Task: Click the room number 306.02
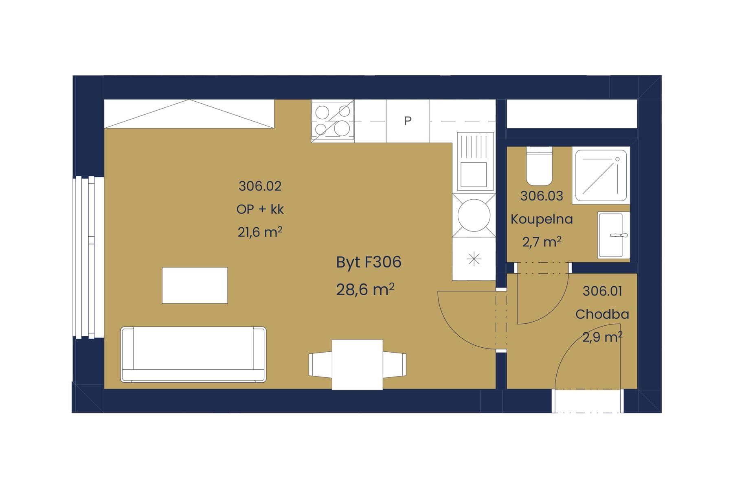pyautogui.click(x=260, y=186)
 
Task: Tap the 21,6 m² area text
pyautogui.click(x=260, y=233)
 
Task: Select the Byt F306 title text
pyautogui.click(x=369, y=262)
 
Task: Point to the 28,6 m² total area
pyautogui.click(x=365, y=290)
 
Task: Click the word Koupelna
pyautogui.click(x=542, y=219)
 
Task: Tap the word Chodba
pyautogui.click(x=602, y=314)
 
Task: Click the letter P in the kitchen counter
pyautogui.click(x=408, y=121)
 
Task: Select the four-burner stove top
pyautogui.click(x=333, y=121)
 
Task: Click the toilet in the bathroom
pyautogui.click(x=539, y=167)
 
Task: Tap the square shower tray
pyautogui.click(x=601, y=175)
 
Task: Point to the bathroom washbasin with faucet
pyautogui.click(x=613, y=235)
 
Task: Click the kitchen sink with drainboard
pyautogui.click(x=474, y=161)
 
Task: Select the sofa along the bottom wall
pyautogui.click(x=193, y=354)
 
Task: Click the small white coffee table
pyautogui.click(x=195, y=285)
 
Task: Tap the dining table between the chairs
pyautogui.click(x=357, y=364)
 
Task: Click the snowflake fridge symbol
pyautogui.click(x=474, y=259)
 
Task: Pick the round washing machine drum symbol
pyautogui.click(x=474, y=216)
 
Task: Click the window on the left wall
pyautogui.click(x=88, y=257)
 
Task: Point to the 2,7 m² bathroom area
pyautogui.click(x=542, y=242)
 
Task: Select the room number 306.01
pyautogui.click(x=602, y=291)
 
